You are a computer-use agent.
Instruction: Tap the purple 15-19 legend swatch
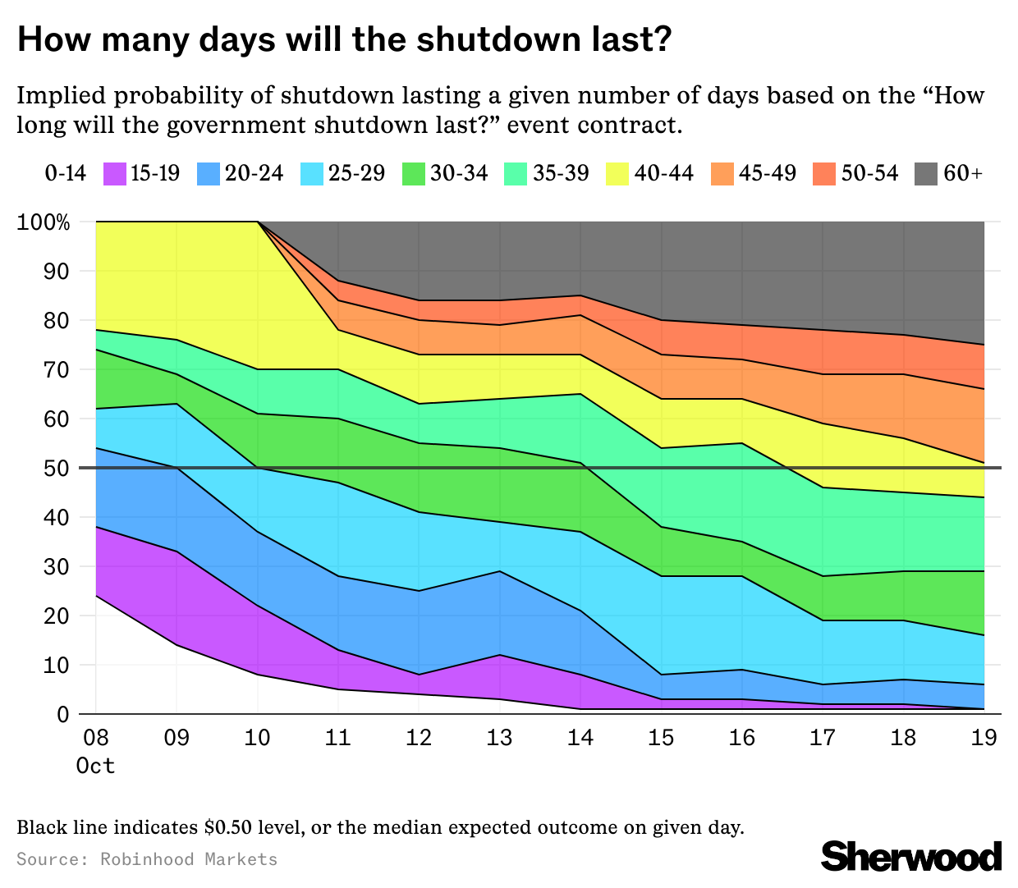tap(115, 174)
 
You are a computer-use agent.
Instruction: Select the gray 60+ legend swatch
tap(927, 174)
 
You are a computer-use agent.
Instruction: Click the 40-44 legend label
tap(664, 174)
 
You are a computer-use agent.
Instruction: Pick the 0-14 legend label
tap(65, 174)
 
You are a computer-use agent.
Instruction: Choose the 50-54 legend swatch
tap(824, 174)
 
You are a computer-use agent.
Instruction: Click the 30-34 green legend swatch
tap(414, 174)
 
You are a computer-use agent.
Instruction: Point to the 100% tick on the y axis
tap(44, 222)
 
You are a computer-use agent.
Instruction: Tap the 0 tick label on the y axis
tap(63, 715)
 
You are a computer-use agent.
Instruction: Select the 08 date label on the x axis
tap(96, 738)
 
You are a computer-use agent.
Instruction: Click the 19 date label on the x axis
tap(984, 738)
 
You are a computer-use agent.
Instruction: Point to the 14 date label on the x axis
tap(580, 738)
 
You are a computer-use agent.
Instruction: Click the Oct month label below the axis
tap(95, 767)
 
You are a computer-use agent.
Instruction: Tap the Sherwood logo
tap(911, 856)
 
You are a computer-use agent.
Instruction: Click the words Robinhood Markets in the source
tap(189, 859)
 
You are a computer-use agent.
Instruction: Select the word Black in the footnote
tap(39, 827)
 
